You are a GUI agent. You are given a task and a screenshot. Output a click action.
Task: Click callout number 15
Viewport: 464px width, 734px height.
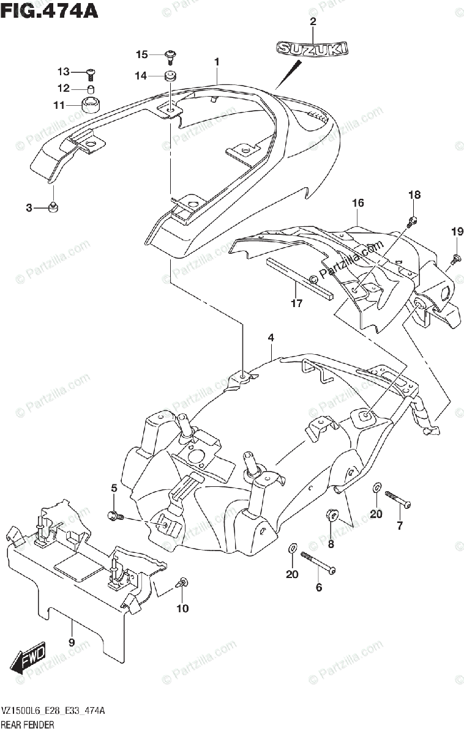[x=142, y=55]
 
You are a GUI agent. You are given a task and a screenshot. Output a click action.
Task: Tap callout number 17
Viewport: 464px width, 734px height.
[x=296, y=303]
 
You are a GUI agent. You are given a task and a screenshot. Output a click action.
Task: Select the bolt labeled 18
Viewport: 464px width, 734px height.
[x=414, y=220]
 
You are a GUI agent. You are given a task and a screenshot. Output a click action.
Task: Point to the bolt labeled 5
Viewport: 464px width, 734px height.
[x=114, y=515]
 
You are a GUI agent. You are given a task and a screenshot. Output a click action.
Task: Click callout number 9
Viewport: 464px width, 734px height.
[x=72, y=642]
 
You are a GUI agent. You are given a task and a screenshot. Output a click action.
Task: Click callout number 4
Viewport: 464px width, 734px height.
[x=271, y=338]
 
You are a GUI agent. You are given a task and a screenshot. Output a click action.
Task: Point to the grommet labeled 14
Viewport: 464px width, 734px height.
[x=170, y=76]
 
